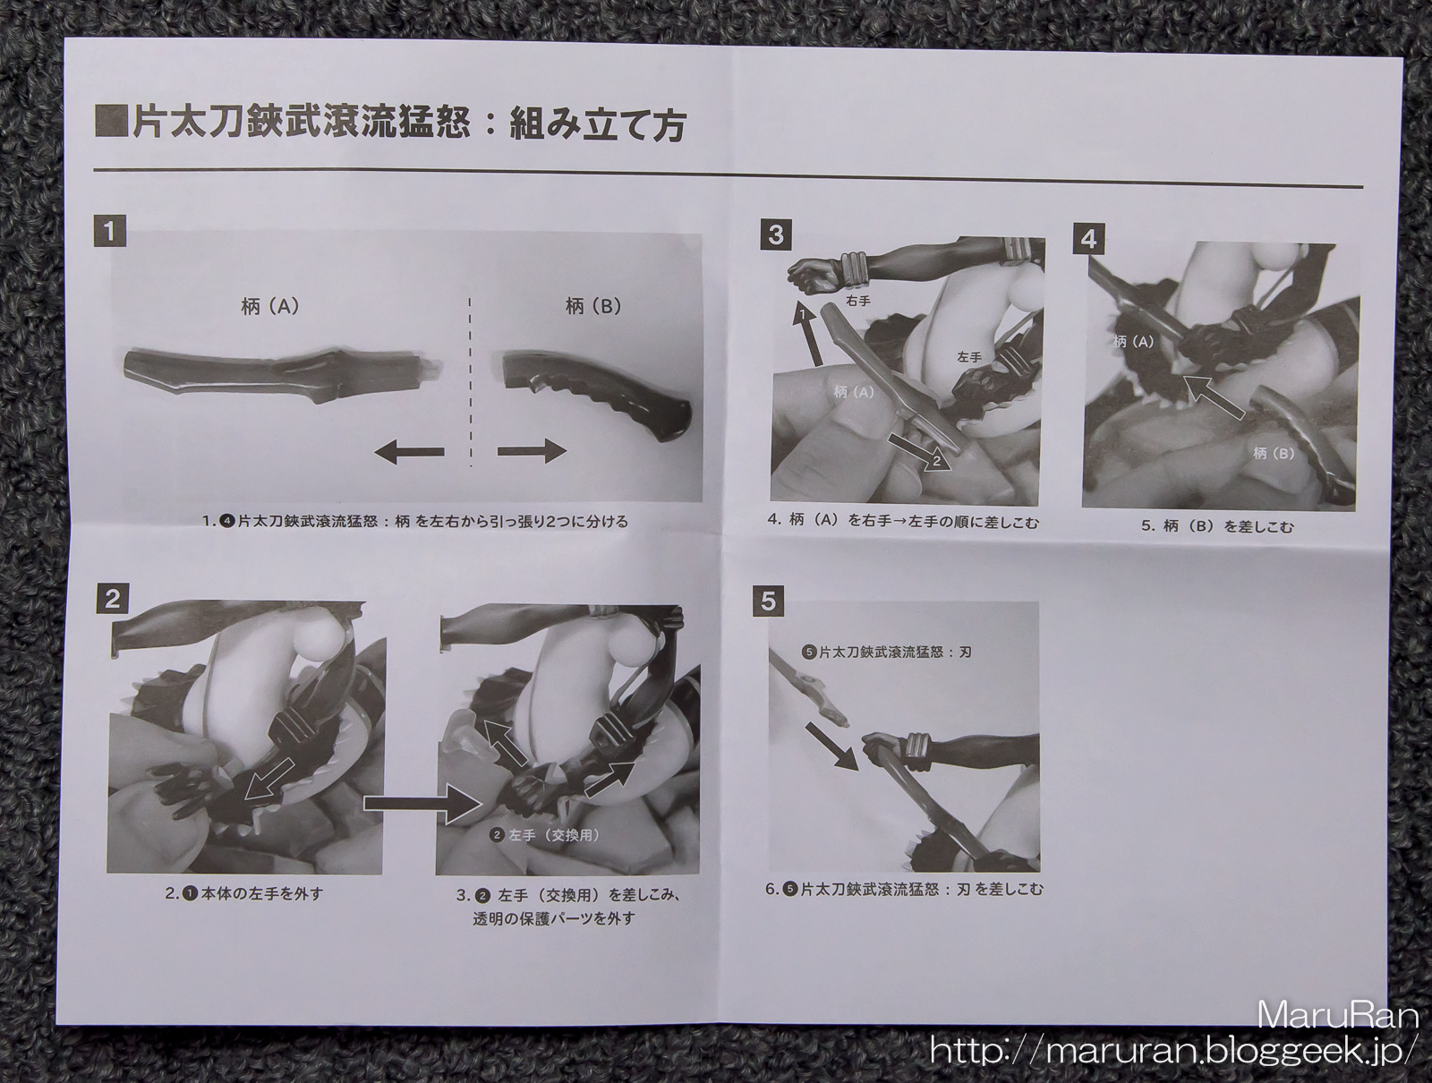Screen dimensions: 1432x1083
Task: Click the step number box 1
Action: pyautogui.click(x=110, y=231)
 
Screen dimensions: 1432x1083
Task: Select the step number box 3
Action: pyautogui.click(x=776, y=235)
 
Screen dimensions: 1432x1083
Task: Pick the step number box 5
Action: pyautogui.click(x=769, y=601)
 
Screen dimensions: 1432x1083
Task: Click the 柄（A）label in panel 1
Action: pyautogui.click(x=269, y=307)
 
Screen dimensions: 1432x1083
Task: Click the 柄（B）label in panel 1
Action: pyautogui.click(x=592, y=306)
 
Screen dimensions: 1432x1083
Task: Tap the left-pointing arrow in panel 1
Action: pyautogui.click(x=410, y=451)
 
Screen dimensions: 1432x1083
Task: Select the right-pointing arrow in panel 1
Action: pyautogui.click(x=532, y=451)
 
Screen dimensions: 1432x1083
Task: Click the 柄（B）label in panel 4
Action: pyautogui.click(x=1273, y=454)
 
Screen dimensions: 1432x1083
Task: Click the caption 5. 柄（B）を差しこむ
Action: pyautogui.click(x=1217, y=526)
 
